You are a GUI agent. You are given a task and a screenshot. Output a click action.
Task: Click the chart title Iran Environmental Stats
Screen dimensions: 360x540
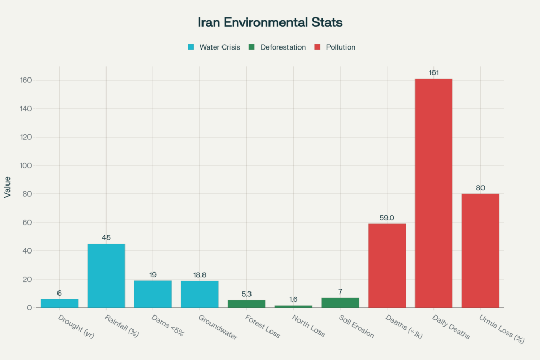tap(270, 23)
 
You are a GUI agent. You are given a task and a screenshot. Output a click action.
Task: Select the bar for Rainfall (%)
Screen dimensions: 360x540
tap(106, 275)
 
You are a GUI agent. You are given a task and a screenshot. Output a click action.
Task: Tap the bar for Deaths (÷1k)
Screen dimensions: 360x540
tap(387, 266)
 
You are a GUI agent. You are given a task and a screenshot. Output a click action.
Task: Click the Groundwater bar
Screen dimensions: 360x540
tap(199, 294)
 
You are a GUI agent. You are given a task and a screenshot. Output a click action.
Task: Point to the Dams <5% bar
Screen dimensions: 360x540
tap(153, 294)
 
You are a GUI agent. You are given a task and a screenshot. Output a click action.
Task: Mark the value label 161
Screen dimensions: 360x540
tap(433, 73)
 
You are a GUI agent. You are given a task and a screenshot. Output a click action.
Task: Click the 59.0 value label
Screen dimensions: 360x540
tap(387, 218)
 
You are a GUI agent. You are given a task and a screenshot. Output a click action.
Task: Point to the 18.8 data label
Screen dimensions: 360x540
tap(199, 275)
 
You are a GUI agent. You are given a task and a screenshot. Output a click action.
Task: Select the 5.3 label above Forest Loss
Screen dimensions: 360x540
tap(246, 294)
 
